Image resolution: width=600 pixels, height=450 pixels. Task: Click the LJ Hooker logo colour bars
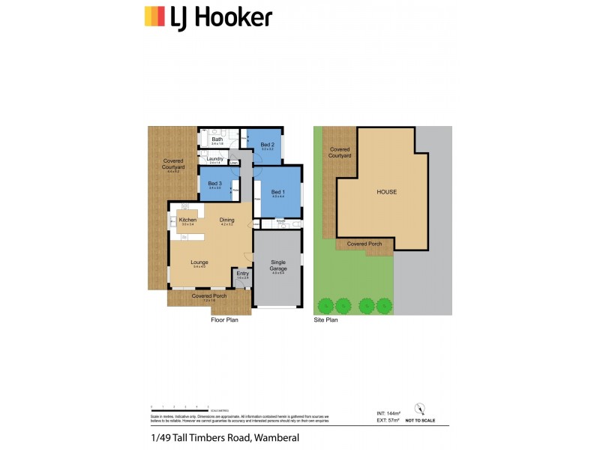pyautogui.click(x=154, y=16)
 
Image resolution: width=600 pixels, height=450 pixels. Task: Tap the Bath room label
pyautogui.click(x=217, y=139)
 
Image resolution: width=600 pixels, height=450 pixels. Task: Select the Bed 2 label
pyautogui.click(x=268, y=145)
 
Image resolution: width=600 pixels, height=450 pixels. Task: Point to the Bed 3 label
pyautogui.click(x=214, y=184)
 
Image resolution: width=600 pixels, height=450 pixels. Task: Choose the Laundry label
pyautogui.click(x=215, y=159)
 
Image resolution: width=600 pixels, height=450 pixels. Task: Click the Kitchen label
pyautogui.click(x=187, y=220)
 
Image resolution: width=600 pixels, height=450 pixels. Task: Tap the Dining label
pyautogui.click(x=227, y=220)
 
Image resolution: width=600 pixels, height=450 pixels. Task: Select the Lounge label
pyautogui.click(x=199, y=262)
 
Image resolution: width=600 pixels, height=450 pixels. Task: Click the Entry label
pyautogui.click(x=242, y=274)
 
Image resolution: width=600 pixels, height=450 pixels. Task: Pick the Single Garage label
pyautogui.click(x=278, y=265)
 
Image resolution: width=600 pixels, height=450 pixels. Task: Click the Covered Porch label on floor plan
pyautogui.click(x=208, y=296)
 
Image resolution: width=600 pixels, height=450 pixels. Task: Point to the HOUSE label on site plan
pyautogui.click(x=386, y=192)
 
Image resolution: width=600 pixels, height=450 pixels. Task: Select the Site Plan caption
pyautogui.click(x=325, y=319)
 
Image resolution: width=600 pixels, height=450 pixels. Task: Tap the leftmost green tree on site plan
pyautogui.click(x=325, y=305)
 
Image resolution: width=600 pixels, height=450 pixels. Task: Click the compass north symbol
pyautogui.click(x=420, y=409)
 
